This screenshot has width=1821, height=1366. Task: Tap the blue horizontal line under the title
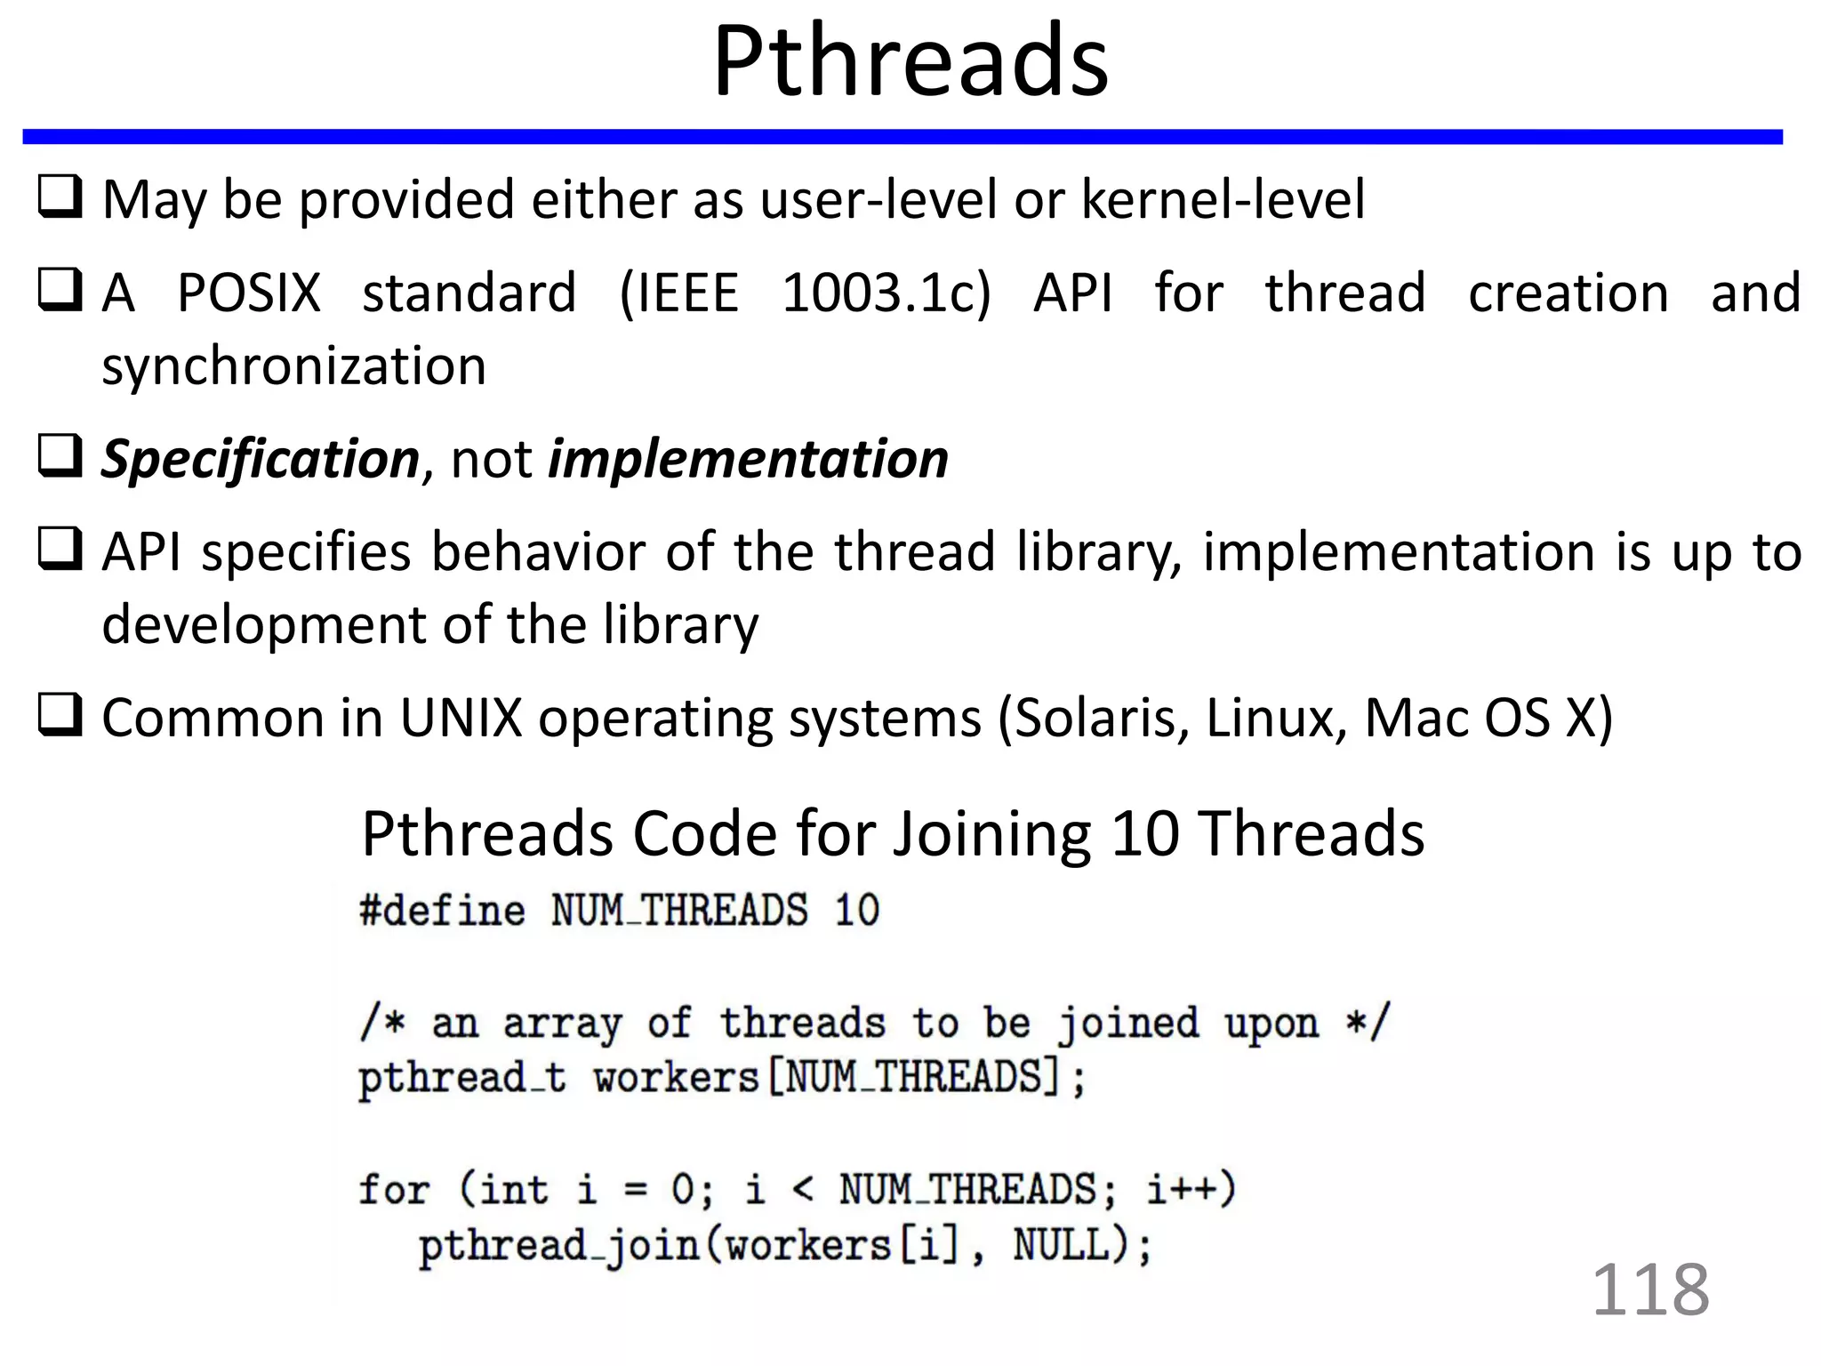point(902,136)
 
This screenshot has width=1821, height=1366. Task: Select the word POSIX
point(249,293)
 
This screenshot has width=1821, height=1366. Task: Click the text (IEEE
point(679,293)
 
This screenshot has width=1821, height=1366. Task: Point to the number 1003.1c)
point(886,293)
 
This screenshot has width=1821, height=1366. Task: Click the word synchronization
point(293,366)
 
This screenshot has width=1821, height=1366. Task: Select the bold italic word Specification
point(260,459)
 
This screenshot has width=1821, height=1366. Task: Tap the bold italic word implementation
point(748,459)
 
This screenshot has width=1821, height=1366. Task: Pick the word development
point(264,624)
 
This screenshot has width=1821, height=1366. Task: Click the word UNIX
point(461,718)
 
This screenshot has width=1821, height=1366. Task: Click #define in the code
point(442,911)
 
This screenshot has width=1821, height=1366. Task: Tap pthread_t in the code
point(461,1079)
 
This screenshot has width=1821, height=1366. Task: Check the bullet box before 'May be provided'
point(60,197)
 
